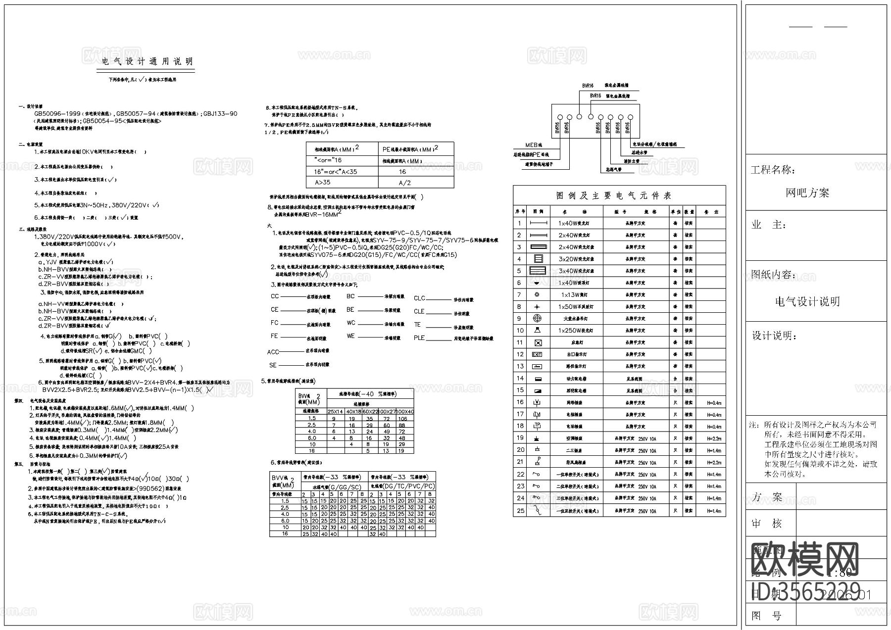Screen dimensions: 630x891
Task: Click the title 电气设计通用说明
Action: (147, 61)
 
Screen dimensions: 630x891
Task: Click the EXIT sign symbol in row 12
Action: (537, 354)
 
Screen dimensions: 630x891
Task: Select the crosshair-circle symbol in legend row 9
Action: (537, 318)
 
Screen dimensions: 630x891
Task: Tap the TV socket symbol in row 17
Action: (537, 414)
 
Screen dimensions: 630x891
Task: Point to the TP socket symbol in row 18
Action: (537, 426)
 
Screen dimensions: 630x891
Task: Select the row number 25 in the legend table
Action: (520, 510)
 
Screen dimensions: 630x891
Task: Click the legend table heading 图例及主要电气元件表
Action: (614, 195)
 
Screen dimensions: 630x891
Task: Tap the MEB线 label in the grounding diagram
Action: (534, 145)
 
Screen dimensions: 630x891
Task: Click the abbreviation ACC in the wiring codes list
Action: (273, 352)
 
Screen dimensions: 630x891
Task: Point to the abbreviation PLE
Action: (419, 338)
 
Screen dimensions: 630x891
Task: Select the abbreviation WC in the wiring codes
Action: (350, 323)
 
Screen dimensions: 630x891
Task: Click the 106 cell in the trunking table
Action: (403, 419)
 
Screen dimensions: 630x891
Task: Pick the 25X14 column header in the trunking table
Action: (336, 412)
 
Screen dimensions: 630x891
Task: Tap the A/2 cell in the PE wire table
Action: (404, 183)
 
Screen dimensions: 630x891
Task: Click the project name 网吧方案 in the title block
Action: (807, 193)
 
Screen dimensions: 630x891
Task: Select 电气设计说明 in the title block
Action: (807, 301)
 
